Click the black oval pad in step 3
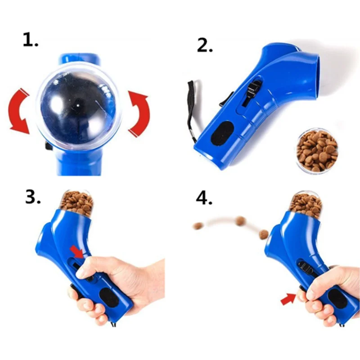[x=107, y=298]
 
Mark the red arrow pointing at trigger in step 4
[x=288, y=298]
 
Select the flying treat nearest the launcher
[x=264, y=233]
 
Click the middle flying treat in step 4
[x=241, y=220]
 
